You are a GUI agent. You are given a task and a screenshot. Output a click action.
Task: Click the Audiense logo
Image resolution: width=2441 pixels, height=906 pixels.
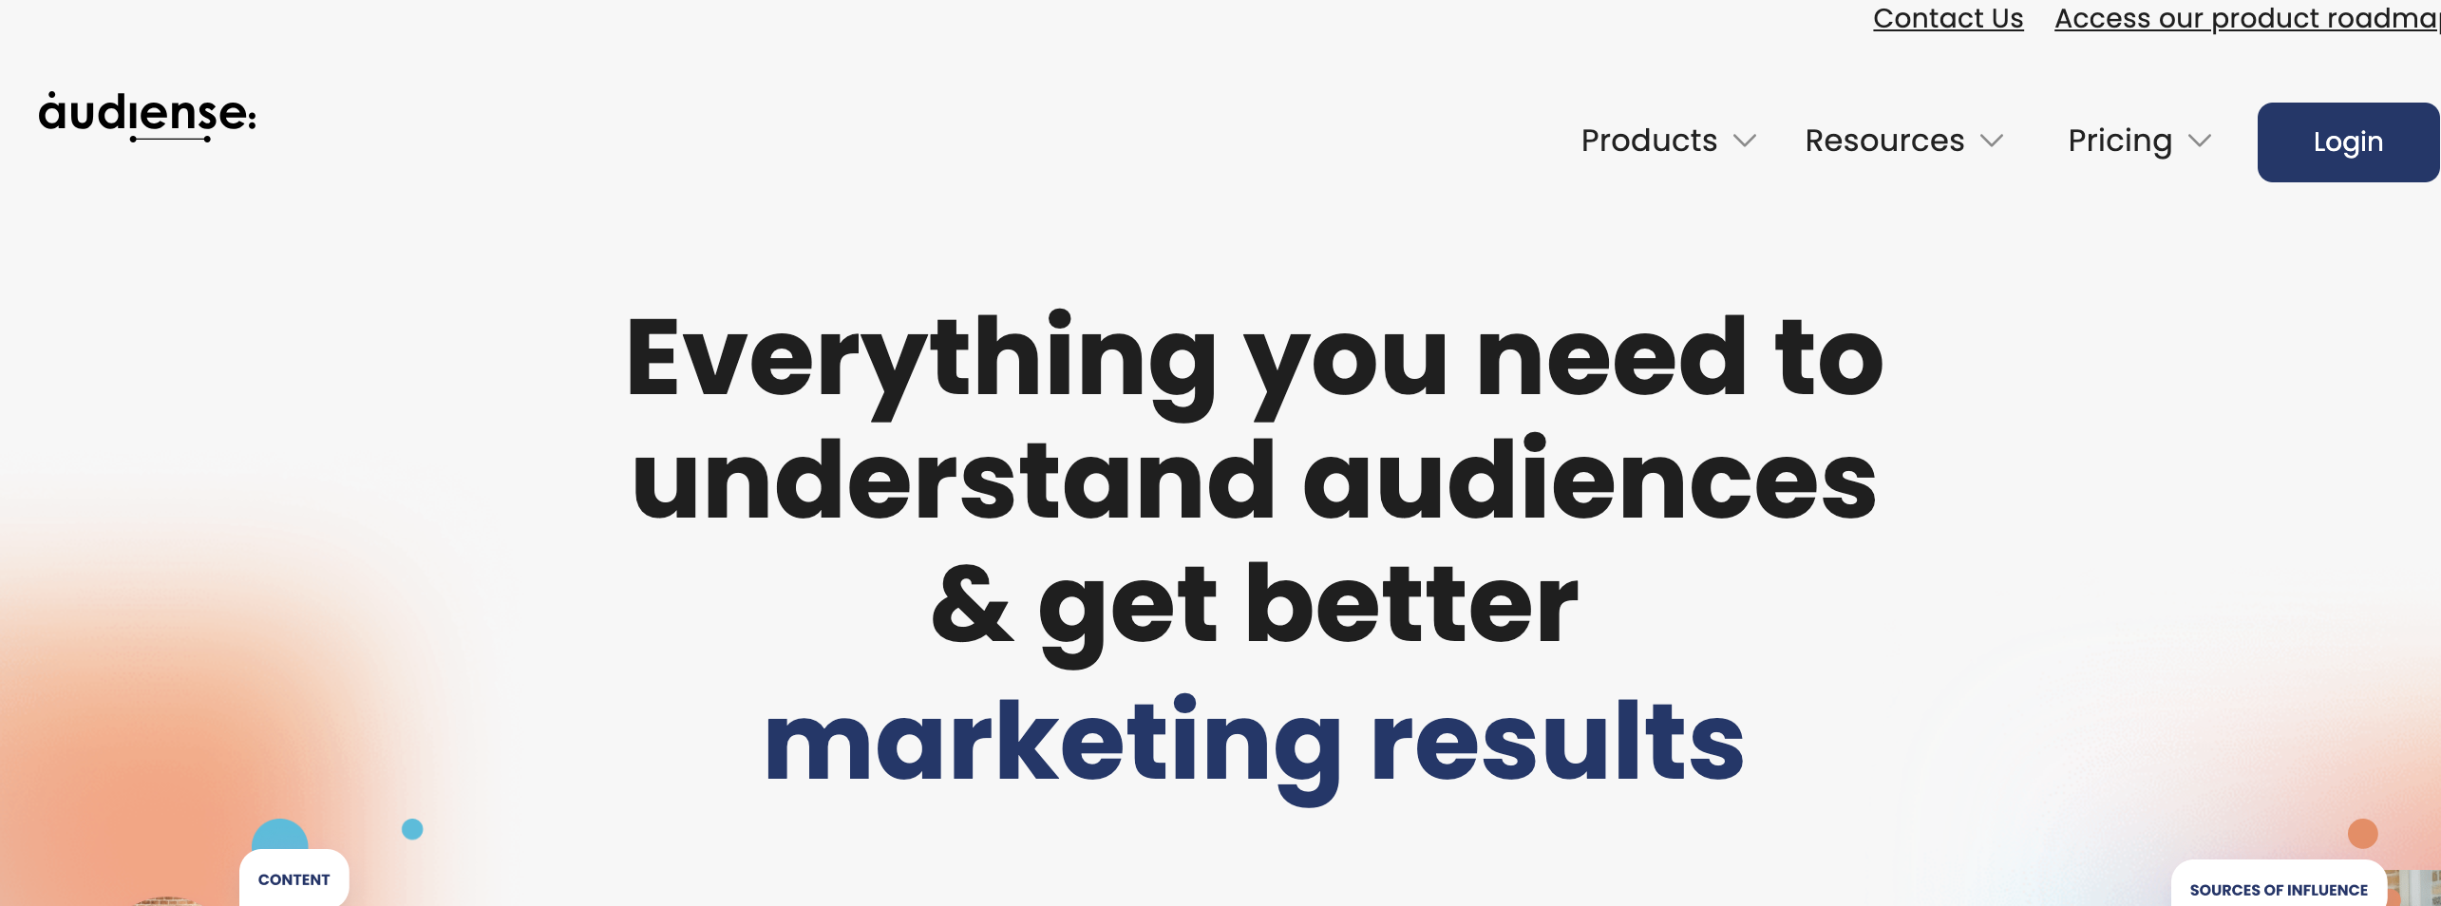(x=147, y=115)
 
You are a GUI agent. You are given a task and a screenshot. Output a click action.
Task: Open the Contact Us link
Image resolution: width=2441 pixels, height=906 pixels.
(x=1947, y=18)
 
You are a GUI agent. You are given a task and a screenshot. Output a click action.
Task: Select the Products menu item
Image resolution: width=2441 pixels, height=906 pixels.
(x=1649, y=141)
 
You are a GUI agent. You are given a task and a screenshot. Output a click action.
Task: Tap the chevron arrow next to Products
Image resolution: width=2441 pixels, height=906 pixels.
(x=1745, y=142)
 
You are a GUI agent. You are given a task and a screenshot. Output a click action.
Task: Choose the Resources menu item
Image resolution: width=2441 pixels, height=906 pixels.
(x=1884, y=141)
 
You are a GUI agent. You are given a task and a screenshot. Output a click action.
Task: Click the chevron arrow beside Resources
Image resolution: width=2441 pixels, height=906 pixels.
(x=1992, y=142)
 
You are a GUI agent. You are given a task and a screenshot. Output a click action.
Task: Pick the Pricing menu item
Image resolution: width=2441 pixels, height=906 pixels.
(x=2120, y=141)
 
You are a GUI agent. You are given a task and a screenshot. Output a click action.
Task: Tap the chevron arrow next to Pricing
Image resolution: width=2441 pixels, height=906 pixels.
(x=2200, y=142)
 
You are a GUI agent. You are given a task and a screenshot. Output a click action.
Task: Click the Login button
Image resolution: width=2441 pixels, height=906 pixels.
(x=2348, y=142)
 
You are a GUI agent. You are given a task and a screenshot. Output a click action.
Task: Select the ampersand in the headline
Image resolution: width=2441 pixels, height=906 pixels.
(x=971, y=604)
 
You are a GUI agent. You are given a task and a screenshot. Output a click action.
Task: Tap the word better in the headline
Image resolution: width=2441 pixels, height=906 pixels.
(x=1411, y=604)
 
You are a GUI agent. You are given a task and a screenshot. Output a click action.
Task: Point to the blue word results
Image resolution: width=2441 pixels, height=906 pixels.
(x=1557, y=741)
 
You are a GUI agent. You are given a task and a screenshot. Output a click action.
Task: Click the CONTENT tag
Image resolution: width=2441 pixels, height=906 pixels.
(x=293, y=879)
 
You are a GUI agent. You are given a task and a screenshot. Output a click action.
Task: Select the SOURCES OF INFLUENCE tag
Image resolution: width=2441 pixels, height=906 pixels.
(x=2278, y=890)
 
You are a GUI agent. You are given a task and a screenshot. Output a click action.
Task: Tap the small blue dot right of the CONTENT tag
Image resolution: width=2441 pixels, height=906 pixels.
(x=412, y=829)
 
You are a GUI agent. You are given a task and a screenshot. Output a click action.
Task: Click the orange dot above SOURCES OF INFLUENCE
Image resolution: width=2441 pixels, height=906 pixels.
(x=2362, y=834)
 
